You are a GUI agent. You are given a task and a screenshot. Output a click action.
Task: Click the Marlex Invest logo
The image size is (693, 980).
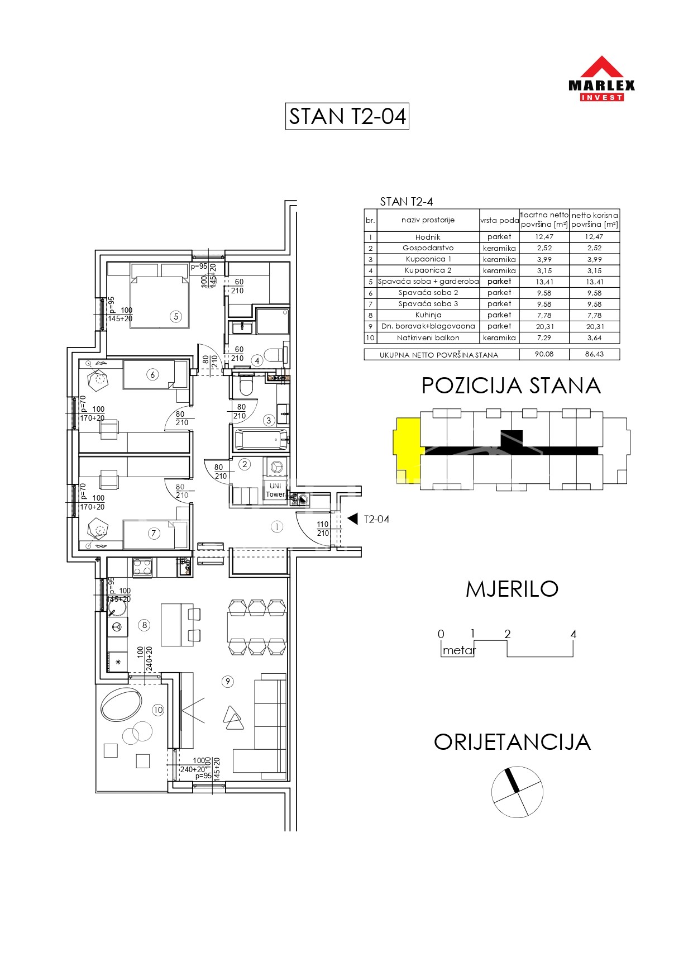(601, 78)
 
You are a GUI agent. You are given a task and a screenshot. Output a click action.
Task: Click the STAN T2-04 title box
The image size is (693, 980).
(347, 116)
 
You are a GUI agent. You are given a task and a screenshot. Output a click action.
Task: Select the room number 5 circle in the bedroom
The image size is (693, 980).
(176, 317)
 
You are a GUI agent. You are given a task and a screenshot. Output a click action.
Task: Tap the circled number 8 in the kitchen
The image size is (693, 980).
(145, 625)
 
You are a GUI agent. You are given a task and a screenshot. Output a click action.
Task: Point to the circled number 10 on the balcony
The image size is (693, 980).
(158, 710)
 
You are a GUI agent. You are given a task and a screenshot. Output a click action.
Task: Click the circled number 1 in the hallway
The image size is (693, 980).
(277, 526)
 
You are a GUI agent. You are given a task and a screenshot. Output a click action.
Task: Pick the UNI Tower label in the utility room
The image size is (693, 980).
(275, 490)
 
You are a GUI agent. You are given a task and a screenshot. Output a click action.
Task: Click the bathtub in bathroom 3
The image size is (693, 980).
(261, 440)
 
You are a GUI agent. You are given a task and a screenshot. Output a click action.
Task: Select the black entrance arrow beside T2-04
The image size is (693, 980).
(353, 519)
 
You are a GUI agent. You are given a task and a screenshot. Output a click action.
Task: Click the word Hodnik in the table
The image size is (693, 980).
(428, 237)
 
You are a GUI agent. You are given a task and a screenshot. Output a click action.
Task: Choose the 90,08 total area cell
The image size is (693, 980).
(544, 354)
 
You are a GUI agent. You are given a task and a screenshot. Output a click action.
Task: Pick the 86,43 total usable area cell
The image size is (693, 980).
(594, 354)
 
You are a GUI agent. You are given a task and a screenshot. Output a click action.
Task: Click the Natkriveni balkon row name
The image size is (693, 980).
(428, 338)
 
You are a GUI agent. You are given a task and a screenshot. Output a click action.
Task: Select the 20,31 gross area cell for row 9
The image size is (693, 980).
(544, 327)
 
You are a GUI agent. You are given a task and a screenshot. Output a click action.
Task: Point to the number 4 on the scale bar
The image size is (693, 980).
(573, 634)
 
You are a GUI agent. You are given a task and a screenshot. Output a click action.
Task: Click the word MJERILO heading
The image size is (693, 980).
(512, 589)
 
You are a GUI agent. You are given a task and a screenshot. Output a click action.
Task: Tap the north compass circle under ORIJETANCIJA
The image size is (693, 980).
(517, 792)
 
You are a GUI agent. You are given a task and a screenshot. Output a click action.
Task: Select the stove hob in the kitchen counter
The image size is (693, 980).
(142, 567)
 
